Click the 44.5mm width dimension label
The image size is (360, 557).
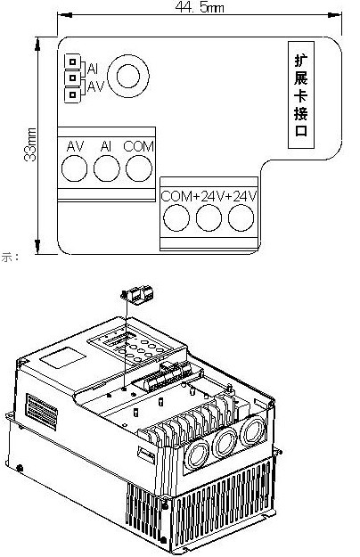[x=200, y=7]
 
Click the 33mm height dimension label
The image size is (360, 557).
[x=30, y=144]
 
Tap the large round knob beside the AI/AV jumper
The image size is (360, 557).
[x=128, y=76]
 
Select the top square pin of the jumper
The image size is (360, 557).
[x=72, y=61]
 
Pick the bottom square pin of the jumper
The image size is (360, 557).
[x=72, y=94]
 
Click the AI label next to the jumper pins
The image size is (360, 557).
[x=93, y=69]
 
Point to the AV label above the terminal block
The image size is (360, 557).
[x=75, y=146]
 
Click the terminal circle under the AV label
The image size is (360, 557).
[x=74, y=168]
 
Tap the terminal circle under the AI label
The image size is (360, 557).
[x=107, y=168]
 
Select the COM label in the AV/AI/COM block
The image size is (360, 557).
[x=139, y=146]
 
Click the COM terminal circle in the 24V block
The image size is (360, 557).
[x=176, y=218]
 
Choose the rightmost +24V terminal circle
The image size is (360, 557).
[x=241, y=217]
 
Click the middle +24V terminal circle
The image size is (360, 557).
[x=209, y=218]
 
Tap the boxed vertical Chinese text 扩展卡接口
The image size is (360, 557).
[x=301, y=94]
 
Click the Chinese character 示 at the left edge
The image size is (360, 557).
[x=7, y=258]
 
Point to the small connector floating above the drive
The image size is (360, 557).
[x=138, y=294]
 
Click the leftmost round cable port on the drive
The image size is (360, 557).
[x=196, y=455]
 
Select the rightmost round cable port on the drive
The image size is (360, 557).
[x=253, y=430]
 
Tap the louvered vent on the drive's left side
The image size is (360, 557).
[x=42, y=411]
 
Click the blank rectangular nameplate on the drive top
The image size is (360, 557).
[x=62, y=357]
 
